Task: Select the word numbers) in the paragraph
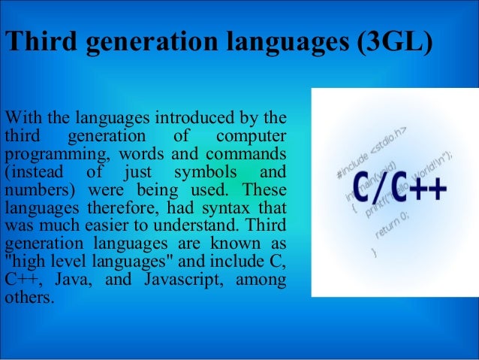(35, 189)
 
